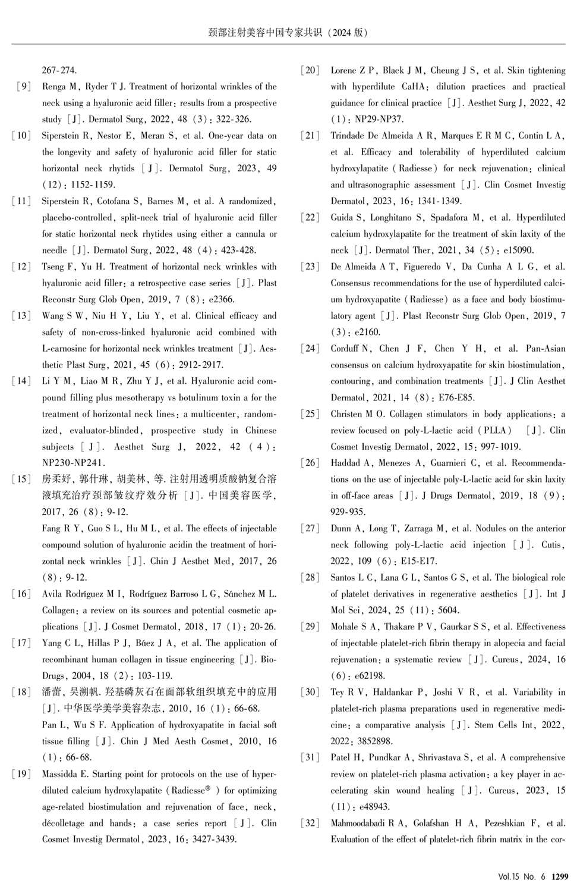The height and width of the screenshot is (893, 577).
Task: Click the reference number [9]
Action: (23, 87)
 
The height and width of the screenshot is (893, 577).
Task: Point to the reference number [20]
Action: (311, 70)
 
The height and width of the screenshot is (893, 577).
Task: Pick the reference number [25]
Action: (311, 414)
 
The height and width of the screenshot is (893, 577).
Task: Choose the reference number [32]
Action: (311, 823)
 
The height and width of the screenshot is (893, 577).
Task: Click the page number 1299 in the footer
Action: (560, 876)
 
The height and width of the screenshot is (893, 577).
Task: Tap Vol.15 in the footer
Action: (509, 876)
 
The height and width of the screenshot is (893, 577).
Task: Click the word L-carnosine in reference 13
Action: (65, 349)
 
